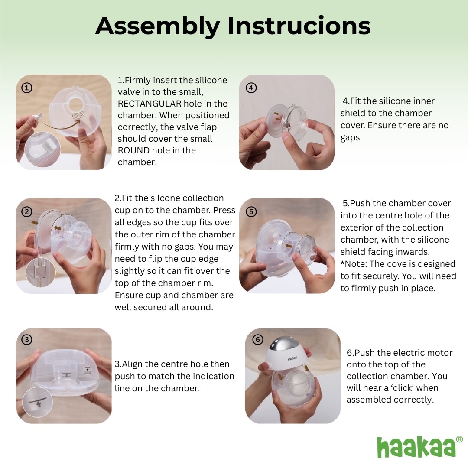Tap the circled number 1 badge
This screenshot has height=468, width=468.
(x=27, y=88)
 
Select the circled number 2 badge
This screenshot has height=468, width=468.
(x=27, y=211)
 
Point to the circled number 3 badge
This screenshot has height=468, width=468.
(x=27, y=340)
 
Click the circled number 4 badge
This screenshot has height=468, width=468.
(x=251, y=88)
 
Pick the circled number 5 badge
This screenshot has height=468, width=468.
(x=251, y=211)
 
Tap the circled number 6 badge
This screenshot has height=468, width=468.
(x=257, y=340)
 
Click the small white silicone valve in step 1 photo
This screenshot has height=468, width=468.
(x=37, y=116)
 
